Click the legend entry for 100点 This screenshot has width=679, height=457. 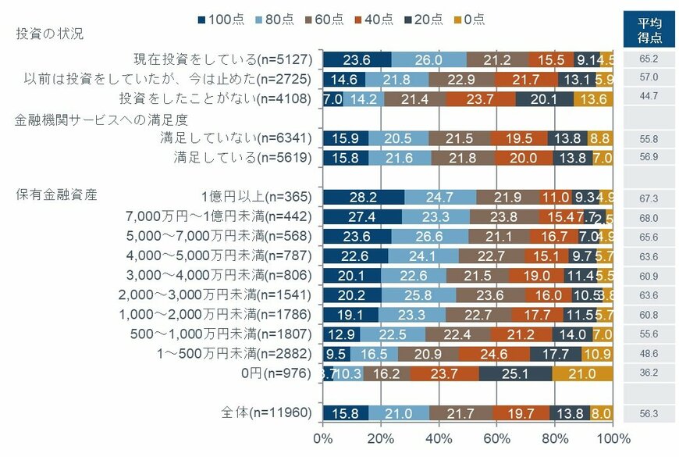(x=221, y=19)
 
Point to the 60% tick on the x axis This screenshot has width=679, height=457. (x=497, y=438)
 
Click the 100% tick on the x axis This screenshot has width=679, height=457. (x=613, y=438)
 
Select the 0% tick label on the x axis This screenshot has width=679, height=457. (x=322, y=438)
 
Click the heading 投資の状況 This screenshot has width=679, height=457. (x=49, y=34)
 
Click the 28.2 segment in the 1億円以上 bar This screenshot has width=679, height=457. (x=363, y=196)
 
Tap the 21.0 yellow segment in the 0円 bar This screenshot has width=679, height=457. (x=582, y=373)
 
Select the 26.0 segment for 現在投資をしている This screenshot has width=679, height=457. (x=429, y=59)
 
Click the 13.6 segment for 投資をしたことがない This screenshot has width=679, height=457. (x=593, y=98)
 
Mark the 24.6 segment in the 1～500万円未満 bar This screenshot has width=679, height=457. (x=494, y=353)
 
